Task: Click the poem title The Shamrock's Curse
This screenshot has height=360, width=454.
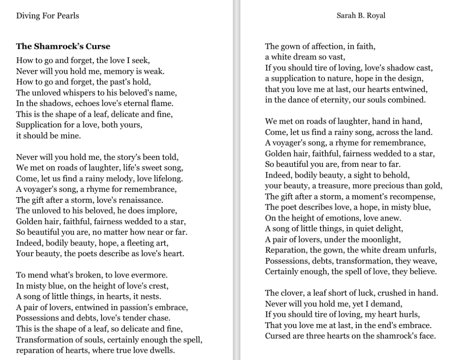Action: pyautogui.click(x=63, y=46)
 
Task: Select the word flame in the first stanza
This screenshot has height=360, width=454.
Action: pyautogui.click(x=162, y=103)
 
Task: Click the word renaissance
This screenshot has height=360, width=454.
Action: pyautogui.click(x=135, y=199)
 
